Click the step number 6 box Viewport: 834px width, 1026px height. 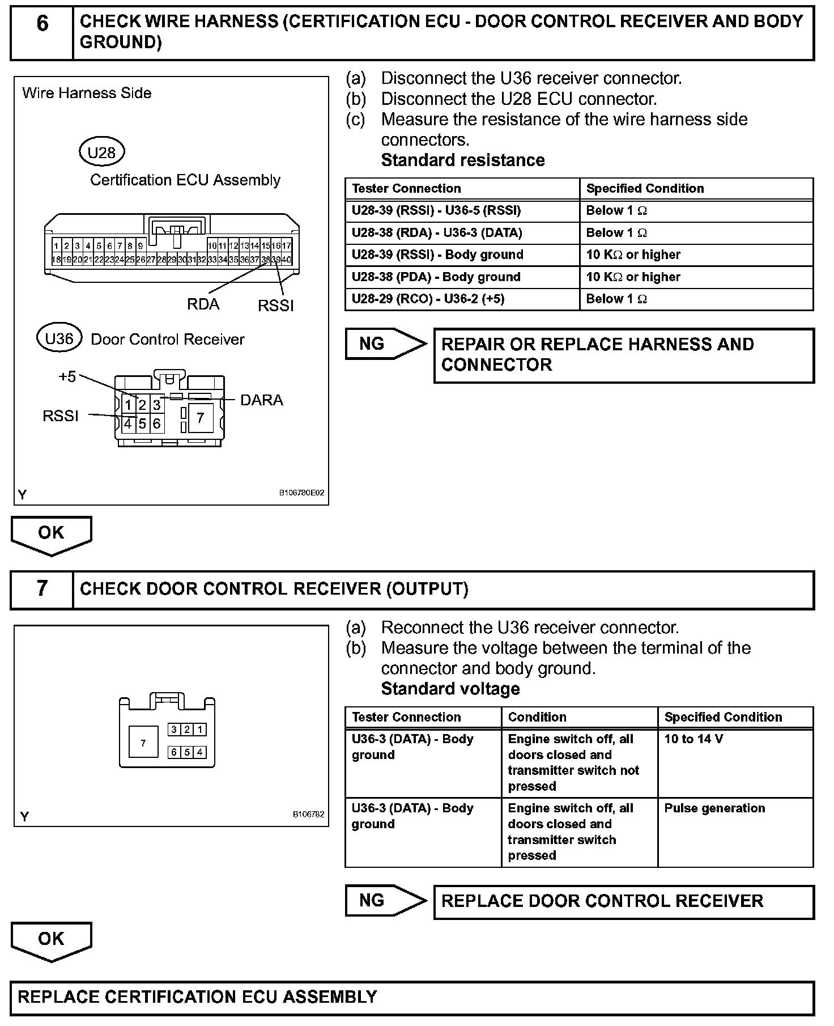tap(42, 32)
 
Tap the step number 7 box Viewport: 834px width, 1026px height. tap(42, 590)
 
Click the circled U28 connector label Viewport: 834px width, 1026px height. tap(101, 152)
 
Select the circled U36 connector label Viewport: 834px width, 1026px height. tap(59, 339)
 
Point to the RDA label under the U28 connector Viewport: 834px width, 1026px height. tap(203, 304)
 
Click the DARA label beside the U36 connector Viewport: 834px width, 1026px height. tap(261, 400)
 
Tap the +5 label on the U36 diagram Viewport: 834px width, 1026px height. tap(67, 377)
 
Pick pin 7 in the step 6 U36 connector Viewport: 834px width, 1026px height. tap(200, 418)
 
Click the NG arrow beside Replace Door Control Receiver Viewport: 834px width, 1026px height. tap(385, 901)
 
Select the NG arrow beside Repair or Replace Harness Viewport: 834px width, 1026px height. tap(385, 344)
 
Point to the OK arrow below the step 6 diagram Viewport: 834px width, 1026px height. tap(51, 534)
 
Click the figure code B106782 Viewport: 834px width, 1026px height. tap(308, 815)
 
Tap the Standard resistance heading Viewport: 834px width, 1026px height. tap(463, 160)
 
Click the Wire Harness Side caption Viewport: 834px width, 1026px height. tap(87, 93)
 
